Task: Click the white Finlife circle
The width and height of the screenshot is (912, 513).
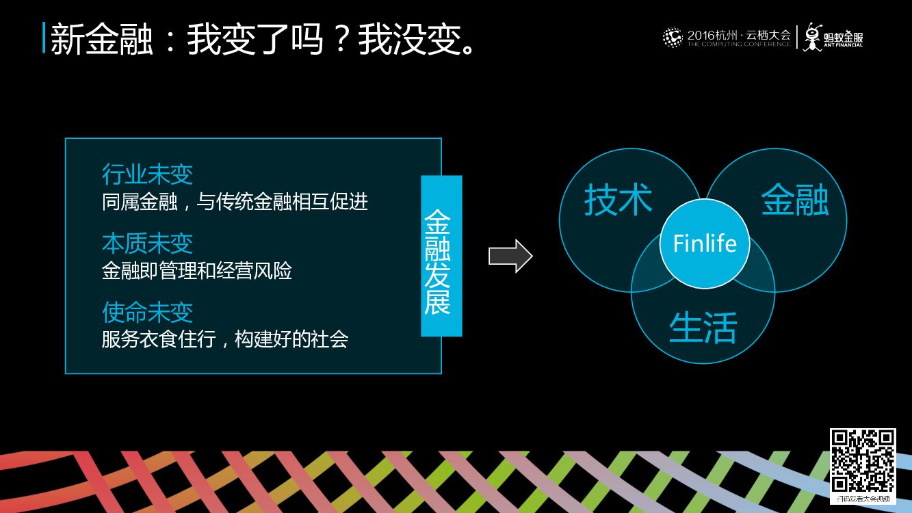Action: click(x=704, y=244)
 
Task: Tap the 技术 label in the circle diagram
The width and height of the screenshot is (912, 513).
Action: click(x=618, y=200)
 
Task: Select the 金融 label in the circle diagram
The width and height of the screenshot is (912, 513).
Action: click(x=795, y=200)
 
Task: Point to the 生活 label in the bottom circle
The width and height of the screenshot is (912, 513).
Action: click(x=703, y=328)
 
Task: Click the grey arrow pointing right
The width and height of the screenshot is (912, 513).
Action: click(x=510, y=256)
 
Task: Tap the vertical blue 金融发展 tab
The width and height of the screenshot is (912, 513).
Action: click(x=441, y=256)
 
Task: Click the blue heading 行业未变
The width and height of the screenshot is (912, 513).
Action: click(x=147, y=174)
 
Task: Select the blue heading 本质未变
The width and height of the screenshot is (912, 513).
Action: click(x=147, y=243)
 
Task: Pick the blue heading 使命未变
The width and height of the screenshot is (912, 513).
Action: click(x=147, y=312)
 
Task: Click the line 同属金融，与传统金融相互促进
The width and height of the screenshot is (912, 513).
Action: click(x=235, y=201)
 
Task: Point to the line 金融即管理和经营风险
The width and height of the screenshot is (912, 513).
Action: click(x=197, y=271)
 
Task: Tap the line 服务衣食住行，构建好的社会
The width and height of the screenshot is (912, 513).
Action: click(x=225, y=339)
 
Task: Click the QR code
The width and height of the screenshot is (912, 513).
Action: click(x=863, y=461)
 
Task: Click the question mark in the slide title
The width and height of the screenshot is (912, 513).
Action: click(x=339, y=39)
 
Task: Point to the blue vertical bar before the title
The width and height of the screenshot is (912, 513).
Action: click(x=44, y=38)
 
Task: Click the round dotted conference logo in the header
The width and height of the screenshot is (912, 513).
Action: click(x=673, y=37)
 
